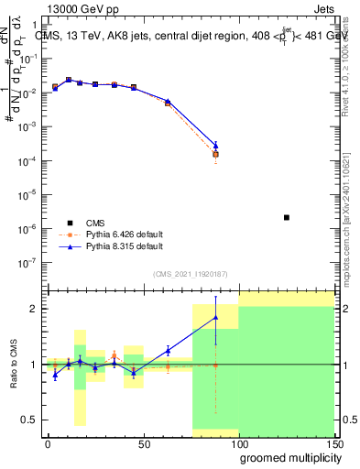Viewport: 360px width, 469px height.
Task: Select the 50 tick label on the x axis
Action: (x=144, y=443)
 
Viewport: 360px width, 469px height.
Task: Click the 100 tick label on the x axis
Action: (x=239, y=443)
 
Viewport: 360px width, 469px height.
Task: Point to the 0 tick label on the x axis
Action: (x=48, y=443)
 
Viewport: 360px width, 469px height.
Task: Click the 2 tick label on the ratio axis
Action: (x=33, y=309)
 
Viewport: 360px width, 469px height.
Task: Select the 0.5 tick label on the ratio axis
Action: (x=29, y=420)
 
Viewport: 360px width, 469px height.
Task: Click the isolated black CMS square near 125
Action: (x=287, y=217)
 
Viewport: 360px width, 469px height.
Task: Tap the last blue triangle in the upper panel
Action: (x=215, y=145)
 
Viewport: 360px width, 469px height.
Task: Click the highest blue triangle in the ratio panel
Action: (x=215, y=317)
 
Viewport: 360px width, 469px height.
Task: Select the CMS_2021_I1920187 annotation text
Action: (x=191, y=274)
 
